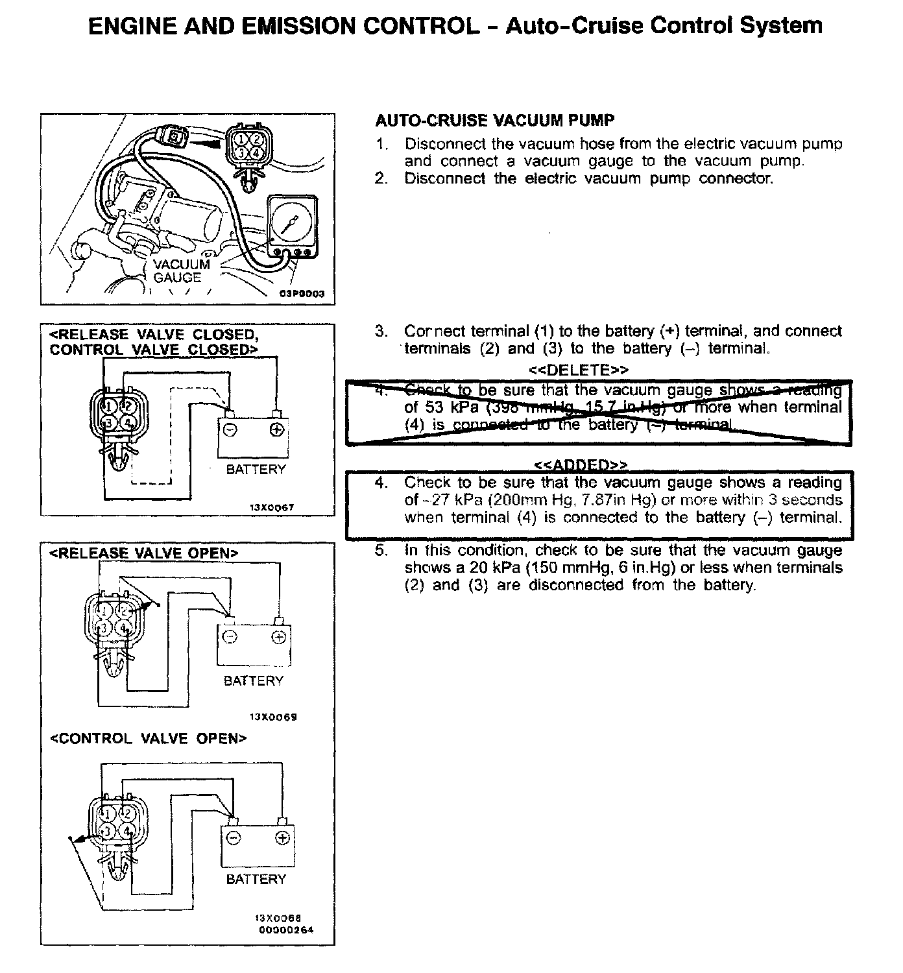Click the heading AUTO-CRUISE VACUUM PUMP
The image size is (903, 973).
[495, 121]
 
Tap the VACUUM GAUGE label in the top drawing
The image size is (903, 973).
[181, 271]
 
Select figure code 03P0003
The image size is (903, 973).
[302, 293]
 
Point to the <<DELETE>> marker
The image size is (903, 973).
[579, 370]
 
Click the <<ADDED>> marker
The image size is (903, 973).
[581, 465]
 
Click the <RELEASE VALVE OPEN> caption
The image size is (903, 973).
[144, 553]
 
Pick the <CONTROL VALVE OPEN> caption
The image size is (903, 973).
[149, 739]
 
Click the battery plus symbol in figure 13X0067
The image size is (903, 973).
[276, 429]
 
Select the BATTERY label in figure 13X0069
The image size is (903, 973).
[254, 681]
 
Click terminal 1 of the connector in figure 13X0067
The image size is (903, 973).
[109, 406]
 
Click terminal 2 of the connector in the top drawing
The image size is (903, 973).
[258, 139]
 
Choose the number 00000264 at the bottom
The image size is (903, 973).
[286, 930]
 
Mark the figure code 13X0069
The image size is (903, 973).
[273, 717]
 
